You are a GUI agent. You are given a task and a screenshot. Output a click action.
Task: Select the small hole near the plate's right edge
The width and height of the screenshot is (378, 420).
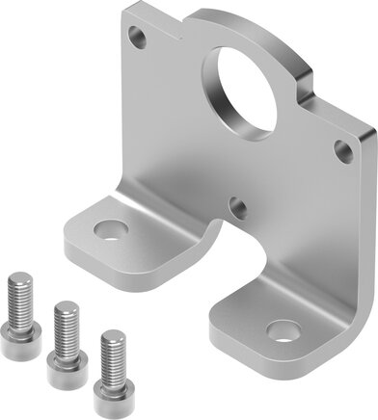341,149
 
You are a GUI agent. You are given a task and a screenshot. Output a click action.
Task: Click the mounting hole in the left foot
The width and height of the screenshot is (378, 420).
108,230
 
